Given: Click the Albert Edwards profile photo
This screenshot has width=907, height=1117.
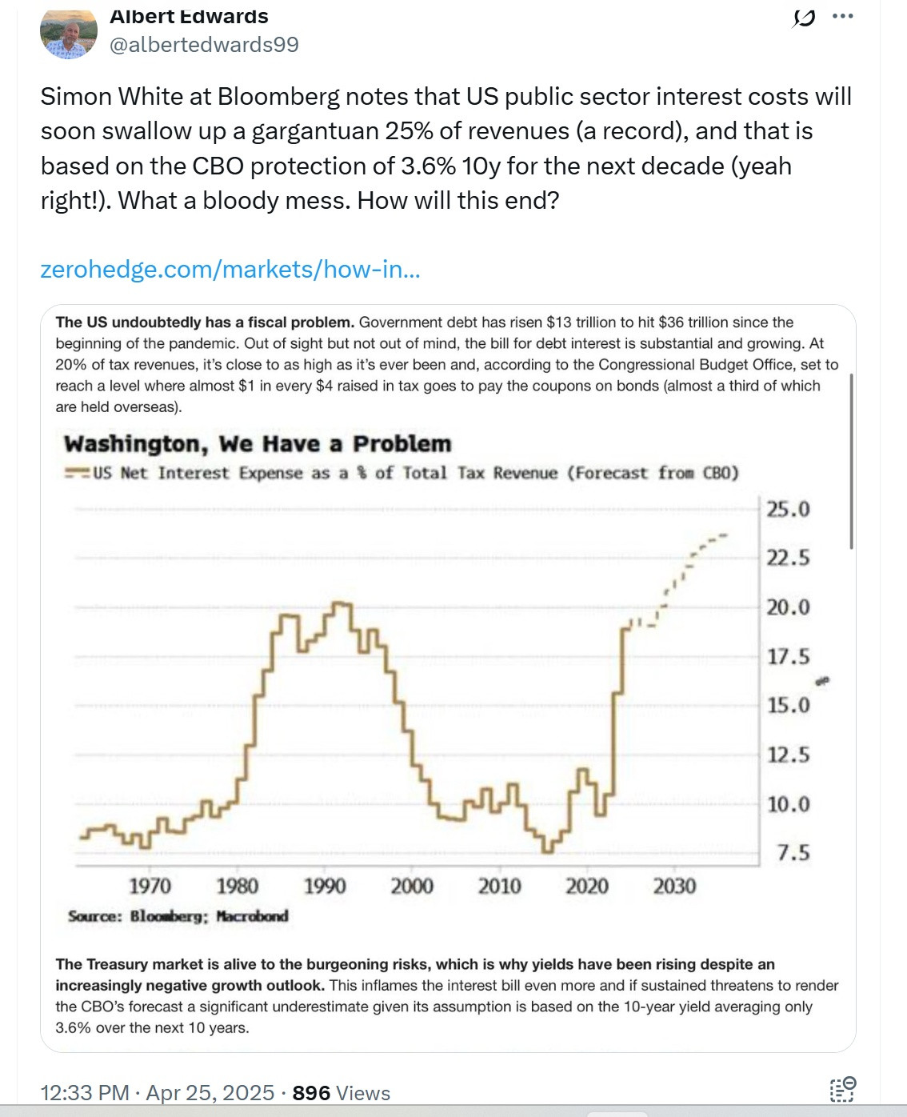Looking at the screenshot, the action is click(x=69, y=34).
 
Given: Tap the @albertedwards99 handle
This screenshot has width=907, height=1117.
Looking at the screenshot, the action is click(x=204, y=45).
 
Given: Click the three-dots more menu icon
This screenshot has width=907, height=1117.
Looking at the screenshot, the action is click(x=842, y=16).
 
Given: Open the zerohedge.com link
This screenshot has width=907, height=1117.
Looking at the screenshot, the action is click(x=230, y=270).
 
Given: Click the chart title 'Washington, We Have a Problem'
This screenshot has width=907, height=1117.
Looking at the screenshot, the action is click(x=258, y=444).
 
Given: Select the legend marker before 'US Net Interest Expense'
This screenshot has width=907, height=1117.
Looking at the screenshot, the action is click(x=77, y=473).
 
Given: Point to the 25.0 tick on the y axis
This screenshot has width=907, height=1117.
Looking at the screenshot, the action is click(x=788, y=509).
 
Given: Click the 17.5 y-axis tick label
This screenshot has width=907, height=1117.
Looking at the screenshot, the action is click(x=788, y=657).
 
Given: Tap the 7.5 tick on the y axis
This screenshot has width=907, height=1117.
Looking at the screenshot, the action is click(x=793, y=853).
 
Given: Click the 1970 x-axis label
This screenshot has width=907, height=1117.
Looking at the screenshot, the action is click(x=150, y=887).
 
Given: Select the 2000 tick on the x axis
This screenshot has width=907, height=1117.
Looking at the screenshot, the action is click(x=412, y=887).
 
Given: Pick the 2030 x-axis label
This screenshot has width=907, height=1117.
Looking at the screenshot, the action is click(x=674, y=887).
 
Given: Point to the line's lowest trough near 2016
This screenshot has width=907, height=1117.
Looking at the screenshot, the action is click(x=548, y=851).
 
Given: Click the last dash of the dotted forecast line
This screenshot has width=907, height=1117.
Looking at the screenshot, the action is click(x=723, y=535).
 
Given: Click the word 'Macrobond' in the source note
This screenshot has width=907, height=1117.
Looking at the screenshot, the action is click(x=252, y=916).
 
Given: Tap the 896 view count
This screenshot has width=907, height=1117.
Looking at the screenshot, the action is click(x=311, y=1093).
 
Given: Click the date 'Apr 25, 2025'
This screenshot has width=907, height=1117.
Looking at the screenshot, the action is click(x=210, y=1093).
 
